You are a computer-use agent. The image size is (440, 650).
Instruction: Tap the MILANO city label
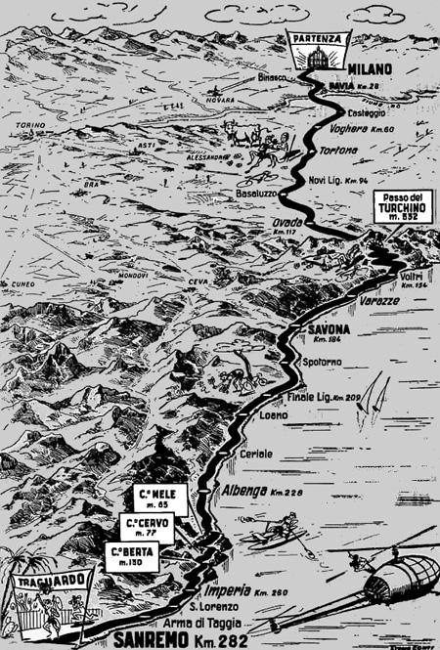pos(368,68)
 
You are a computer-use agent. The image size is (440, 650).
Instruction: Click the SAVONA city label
pos(329,328)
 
